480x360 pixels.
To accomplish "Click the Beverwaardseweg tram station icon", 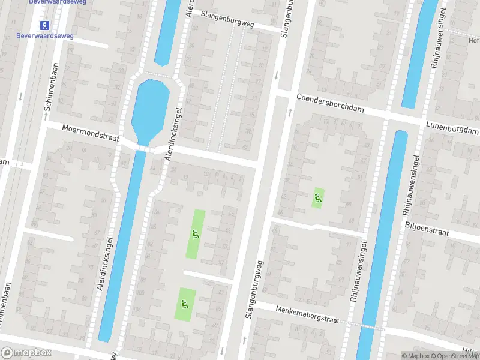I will (x=44, y=25).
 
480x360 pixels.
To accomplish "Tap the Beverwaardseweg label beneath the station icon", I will (x=44, y=36).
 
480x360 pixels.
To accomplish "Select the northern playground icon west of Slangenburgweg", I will (x=195, y=233).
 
